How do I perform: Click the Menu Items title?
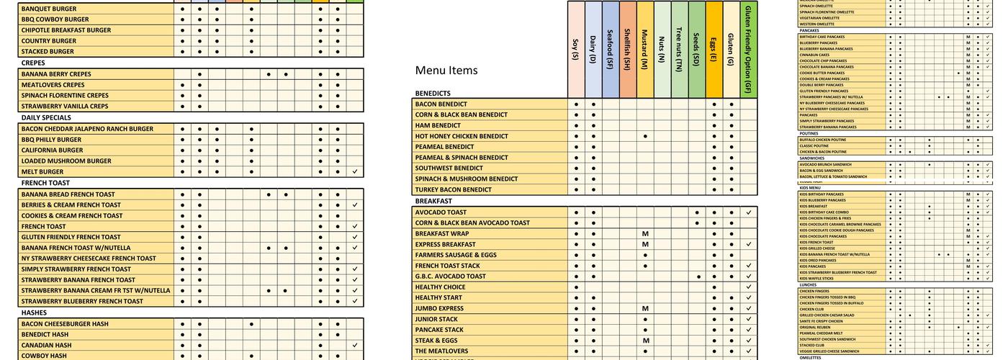tap(446, 71)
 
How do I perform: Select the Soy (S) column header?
tap(576, 49)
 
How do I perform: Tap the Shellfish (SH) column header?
tap(628, 49)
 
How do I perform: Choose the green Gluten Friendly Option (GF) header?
tap(749, 49)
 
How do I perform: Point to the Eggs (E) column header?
tap(714, 49)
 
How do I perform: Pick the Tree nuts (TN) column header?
tap(680, 49)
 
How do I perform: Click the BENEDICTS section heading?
tap(433, 94)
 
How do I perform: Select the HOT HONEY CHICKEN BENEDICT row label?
tap(462, 136)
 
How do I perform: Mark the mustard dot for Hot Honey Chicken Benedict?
tap(646, 136)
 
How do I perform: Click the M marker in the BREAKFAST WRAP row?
tap(646, 233)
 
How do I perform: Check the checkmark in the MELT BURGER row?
tap(355, 172)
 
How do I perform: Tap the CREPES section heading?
tap(33, 63)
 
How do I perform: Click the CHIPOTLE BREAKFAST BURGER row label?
tap(66, 30)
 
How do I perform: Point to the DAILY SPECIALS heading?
tap(46, 117)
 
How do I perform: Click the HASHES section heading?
tap(34, 312)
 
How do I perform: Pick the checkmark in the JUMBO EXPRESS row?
tap(749, 309)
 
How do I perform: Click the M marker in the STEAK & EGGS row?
tap(646, 341)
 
